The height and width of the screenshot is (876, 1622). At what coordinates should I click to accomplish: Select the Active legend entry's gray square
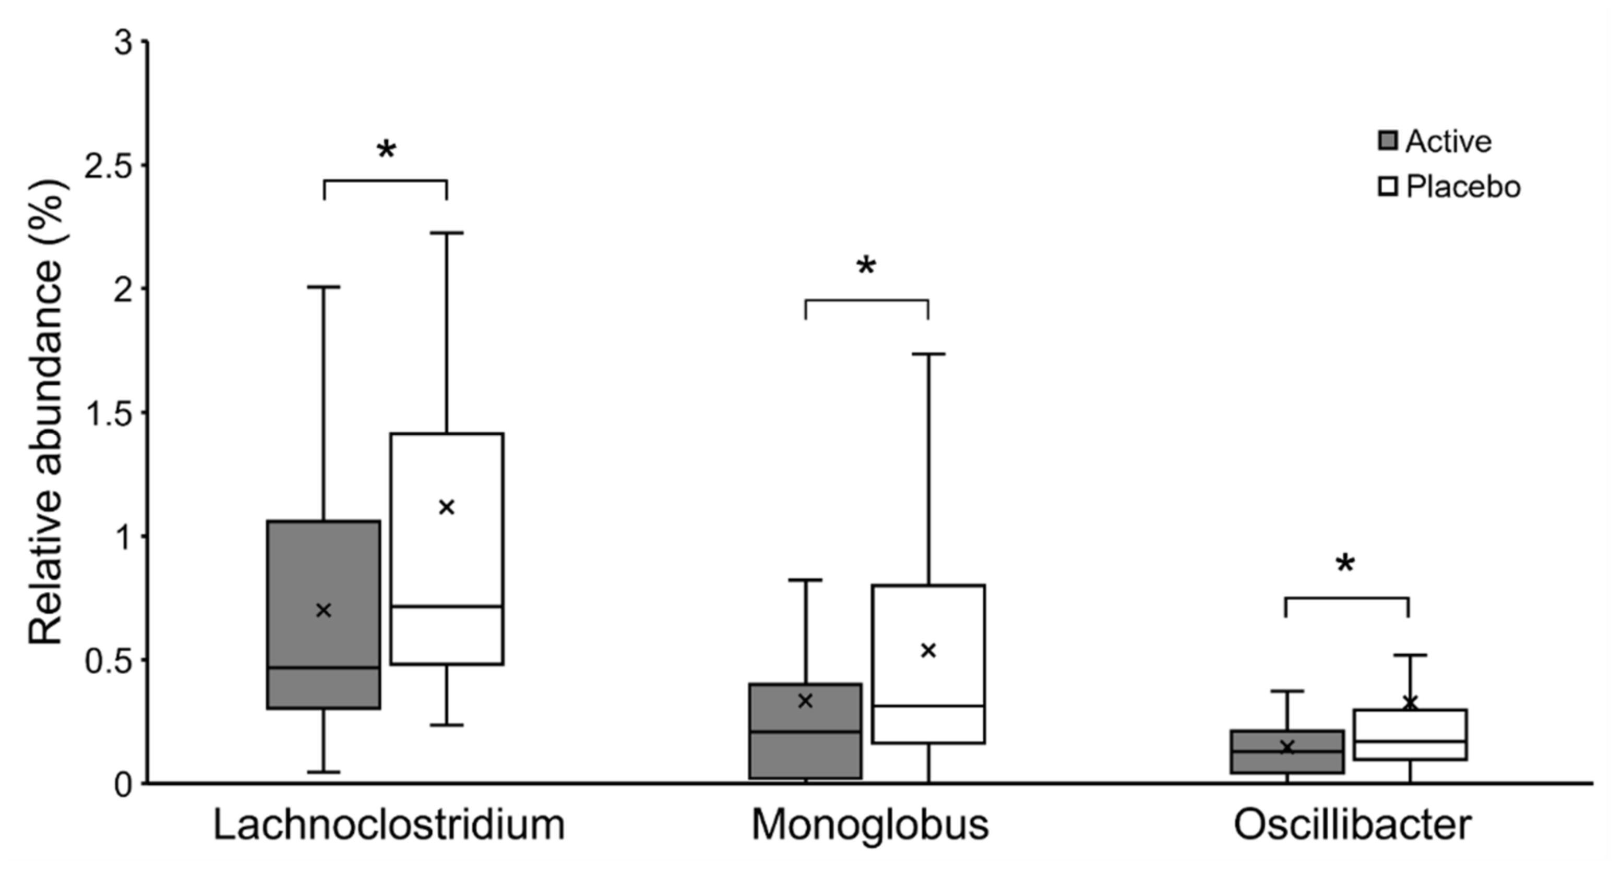(x=1388, y=141)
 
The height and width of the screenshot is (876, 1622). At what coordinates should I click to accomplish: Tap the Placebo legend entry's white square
(x=1388, y=187)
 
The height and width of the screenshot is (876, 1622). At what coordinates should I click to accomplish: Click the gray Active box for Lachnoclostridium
(x=324, y=566)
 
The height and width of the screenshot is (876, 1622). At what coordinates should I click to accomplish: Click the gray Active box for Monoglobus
(x=805, y=755)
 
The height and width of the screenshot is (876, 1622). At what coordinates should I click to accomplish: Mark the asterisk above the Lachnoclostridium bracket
(x=386, y=150)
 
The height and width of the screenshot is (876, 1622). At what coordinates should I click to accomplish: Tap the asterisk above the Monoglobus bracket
(x=866, y=267)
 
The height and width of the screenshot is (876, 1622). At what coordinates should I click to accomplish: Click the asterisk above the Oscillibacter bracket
(x=1345, y=565)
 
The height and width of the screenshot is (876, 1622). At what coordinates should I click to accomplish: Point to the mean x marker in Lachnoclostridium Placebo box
(x=446, y=507)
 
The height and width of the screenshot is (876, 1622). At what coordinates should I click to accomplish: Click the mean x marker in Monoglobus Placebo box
(x=928, y=651)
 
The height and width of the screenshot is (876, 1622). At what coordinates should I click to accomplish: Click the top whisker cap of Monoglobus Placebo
(x=928, y=354)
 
